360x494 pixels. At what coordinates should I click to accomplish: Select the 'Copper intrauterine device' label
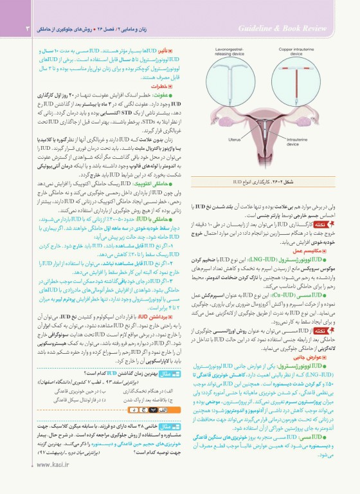pyautogui.click(x=301, y=51)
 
